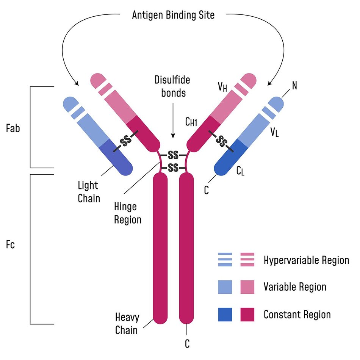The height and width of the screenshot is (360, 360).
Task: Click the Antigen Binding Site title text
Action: click(x=173, y=15)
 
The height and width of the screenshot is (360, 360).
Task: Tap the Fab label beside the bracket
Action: click(x=13, y=128)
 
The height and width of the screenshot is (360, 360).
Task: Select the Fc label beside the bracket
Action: click(x=11, y=245)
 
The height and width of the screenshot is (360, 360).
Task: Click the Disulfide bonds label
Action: click(x=172, y=86)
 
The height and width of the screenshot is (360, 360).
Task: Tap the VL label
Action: click(x=274, y=132)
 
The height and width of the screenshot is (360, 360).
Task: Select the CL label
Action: click(x=240, y=171)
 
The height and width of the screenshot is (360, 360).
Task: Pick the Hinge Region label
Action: click(x=128, y=213)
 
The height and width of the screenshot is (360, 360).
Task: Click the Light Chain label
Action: click(x=89, y=192)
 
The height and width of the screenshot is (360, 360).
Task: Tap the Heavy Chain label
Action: click(x=126, y=323)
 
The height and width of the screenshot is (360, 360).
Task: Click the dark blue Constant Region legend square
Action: click(x=225, y=315)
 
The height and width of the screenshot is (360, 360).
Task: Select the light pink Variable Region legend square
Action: click(x=247, y=287)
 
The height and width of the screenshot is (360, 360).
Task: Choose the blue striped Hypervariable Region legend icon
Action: click(x=225, y=260)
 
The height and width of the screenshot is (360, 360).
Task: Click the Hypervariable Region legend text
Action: click(x=306, y=260)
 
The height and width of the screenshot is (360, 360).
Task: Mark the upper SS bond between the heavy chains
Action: click(x=173, y=155)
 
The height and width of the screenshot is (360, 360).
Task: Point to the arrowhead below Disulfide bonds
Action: click(x=173, y=136)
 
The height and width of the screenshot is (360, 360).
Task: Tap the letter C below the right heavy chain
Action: click(x=187, y=344)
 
